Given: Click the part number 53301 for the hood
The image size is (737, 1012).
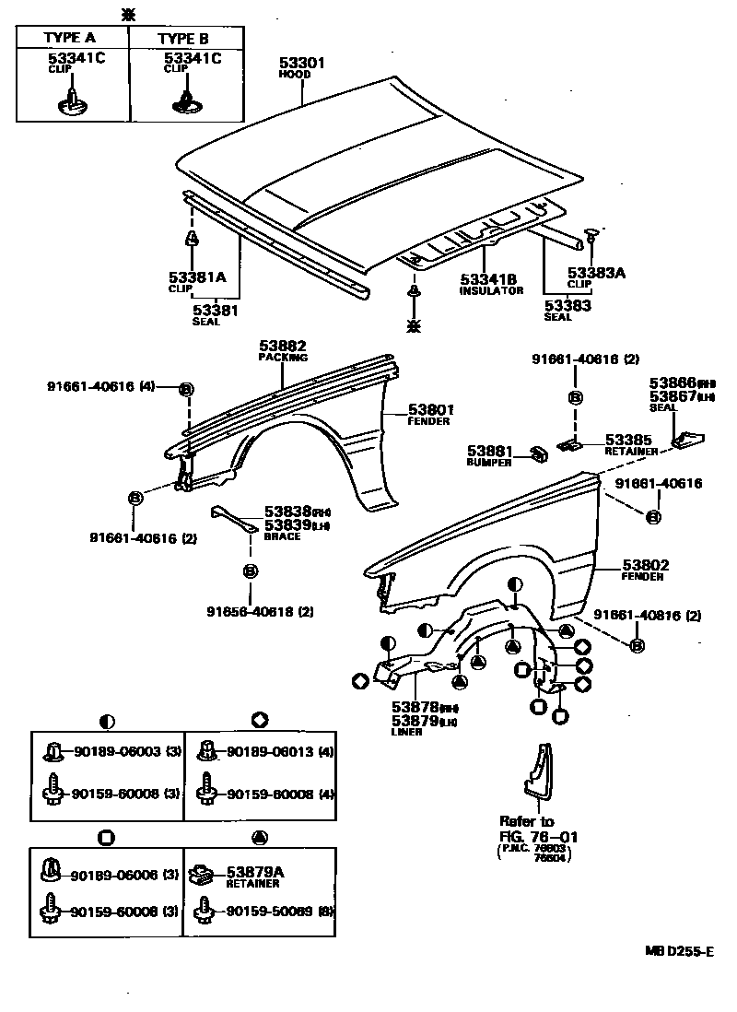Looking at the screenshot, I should coord(303,63).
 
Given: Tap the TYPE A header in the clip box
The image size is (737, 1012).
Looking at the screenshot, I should coord(71,38).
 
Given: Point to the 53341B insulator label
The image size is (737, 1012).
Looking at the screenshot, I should coord(487,278).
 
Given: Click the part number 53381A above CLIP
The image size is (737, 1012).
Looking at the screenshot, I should coord(196,276).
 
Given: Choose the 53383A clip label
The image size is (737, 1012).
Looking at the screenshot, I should coord(595,273).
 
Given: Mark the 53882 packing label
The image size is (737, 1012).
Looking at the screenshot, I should coord(282,346).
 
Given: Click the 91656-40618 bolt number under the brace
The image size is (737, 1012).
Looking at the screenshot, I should coord(245,610).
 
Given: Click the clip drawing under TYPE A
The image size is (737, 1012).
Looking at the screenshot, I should coord(71,100).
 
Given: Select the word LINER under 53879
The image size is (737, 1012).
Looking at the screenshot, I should coord(405,732).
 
